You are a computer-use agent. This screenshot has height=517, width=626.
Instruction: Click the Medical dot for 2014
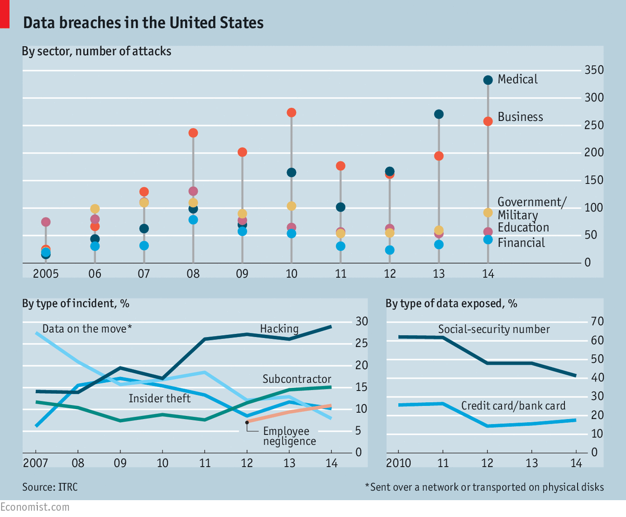(x=488, y=80)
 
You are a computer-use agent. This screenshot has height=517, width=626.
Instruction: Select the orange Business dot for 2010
(x=291, y=113)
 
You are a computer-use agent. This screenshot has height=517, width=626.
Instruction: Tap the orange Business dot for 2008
(x=193, y=133)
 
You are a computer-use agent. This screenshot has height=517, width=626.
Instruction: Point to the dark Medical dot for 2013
(x=439, y=114)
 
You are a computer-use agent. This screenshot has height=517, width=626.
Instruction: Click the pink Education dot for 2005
(x=46, y=222)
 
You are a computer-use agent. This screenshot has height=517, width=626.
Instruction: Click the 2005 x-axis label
(x=46, y=274)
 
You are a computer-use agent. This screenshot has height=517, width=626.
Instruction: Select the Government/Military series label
(x=532, y=208)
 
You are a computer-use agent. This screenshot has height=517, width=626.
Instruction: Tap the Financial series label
(x=521, y=243)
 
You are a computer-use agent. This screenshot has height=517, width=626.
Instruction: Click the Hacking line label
(x=279, y=329)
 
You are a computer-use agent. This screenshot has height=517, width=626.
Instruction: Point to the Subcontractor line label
(x=297, y=379)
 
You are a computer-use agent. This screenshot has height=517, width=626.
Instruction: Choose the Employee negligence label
(x=289, y=436)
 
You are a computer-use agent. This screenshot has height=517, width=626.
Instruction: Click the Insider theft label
(x=159, y=399)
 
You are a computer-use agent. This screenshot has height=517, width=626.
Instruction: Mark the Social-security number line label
(x=494, y=330)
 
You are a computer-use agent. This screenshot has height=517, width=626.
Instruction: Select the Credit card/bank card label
(x=513, y=406)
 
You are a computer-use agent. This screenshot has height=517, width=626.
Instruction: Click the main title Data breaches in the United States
(x=143, y=23)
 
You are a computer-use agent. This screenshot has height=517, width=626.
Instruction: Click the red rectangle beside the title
(x=5, y=14)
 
